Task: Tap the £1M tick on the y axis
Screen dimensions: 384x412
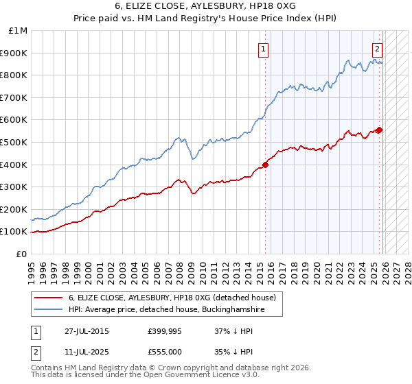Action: point(19,31)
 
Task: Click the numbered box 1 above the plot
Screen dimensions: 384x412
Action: point(264,48)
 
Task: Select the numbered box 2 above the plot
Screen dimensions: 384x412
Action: point(378,48)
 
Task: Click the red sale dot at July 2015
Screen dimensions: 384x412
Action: point(266,165)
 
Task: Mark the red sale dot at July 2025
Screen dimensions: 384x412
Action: point(379,130)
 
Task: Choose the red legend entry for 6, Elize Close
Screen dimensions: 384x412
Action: point(172,298)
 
